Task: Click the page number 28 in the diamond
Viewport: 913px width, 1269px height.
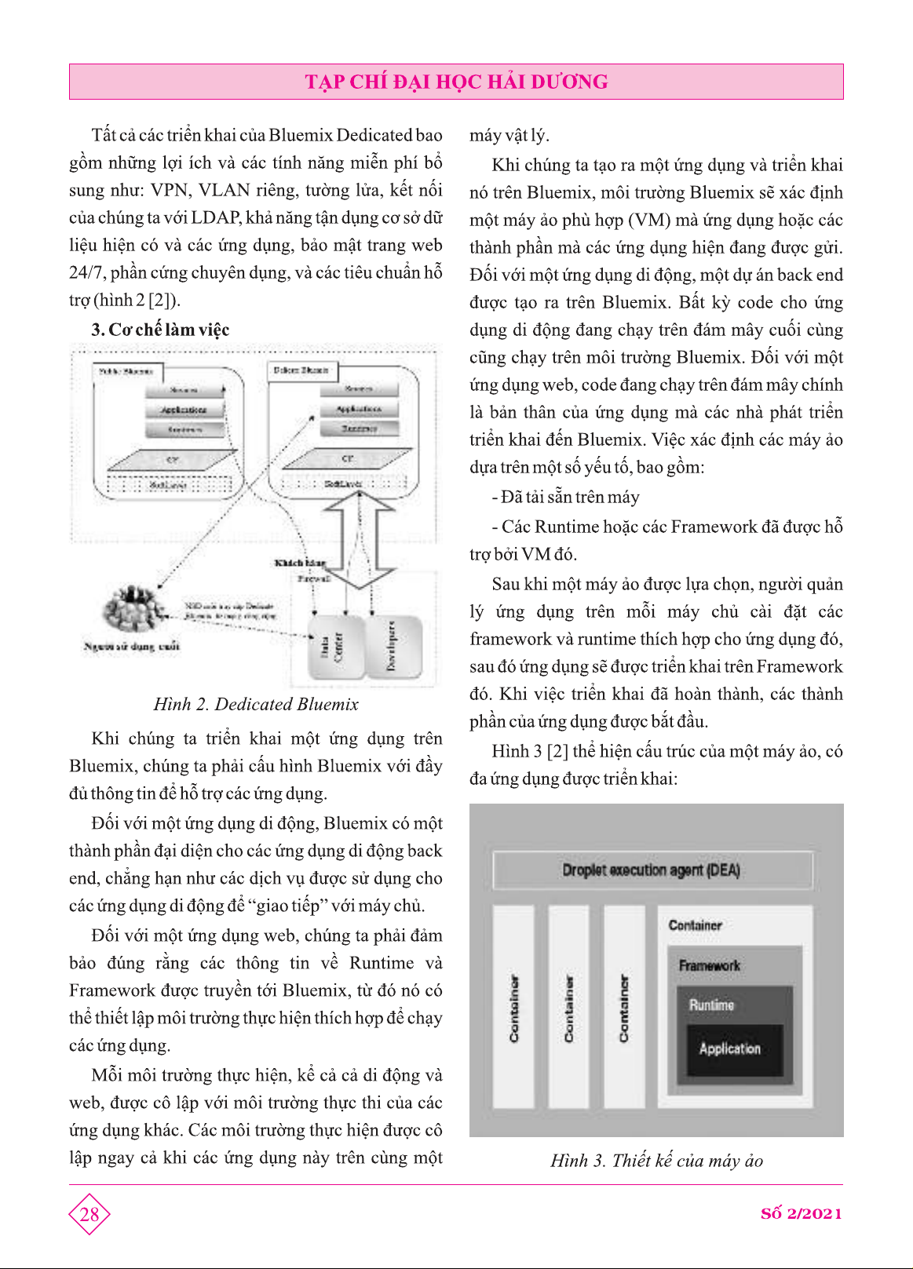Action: tap(89, 1214)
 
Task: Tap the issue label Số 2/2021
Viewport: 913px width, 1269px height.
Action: tap(801, 1213)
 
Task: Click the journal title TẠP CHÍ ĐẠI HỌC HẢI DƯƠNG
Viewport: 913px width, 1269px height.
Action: tap(456, 82)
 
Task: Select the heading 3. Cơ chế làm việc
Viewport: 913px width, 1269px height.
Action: tap(160, 330)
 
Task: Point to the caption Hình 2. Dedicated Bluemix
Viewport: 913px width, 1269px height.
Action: tap(256, 704)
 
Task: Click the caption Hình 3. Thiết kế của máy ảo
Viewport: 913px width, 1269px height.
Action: tap(656, 1161)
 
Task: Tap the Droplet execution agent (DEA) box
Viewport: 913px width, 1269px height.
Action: tap(652, 870)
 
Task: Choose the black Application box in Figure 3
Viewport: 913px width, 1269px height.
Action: tap(730, 1049)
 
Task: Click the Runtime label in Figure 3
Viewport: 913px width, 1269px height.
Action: tap(711, 1005)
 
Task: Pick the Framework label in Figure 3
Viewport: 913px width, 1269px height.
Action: tap(709, 966)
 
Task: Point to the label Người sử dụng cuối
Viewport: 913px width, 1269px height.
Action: tap(132, 647)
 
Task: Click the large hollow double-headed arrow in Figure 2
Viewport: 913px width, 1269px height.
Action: tap(359, 540)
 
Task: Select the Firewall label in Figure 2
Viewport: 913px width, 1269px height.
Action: tap(313, 578)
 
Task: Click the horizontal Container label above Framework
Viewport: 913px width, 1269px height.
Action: tap(695, 925)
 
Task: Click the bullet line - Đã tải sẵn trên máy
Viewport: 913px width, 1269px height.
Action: tap(565, 497)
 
